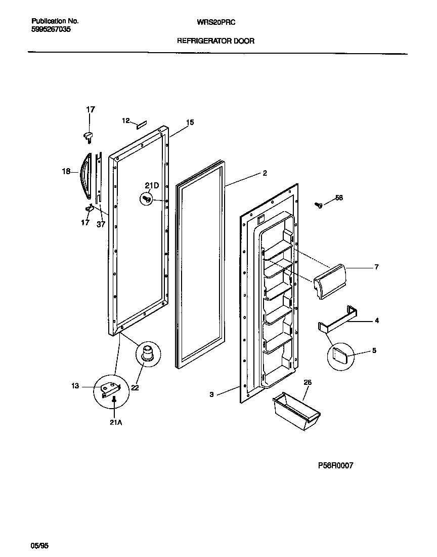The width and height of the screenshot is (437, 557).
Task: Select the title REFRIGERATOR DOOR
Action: pyautogui.click(x=215, y=41)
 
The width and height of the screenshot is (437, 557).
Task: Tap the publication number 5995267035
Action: pyautogui.click(x=51, y=29)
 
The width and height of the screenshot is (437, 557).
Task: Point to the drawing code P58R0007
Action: pyautogui.click(x=336, y=465)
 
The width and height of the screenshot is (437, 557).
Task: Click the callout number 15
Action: pyautogui.click(x=190, y=123)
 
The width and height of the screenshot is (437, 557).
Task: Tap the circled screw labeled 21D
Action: pyautogui.click(x=148, y=200)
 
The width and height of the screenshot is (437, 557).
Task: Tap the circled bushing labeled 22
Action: pyautogui.click(x=147, y=352)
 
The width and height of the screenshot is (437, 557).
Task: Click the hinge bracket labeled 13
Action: pyautogui.click(x=110, y=390)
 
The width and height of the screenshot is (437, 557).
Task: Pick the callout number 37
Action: pyautogui.click(x=101, y=224)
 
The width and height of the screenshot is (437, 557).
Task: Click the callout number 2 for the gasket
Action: pyautogui.click(x=264, y=173)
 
